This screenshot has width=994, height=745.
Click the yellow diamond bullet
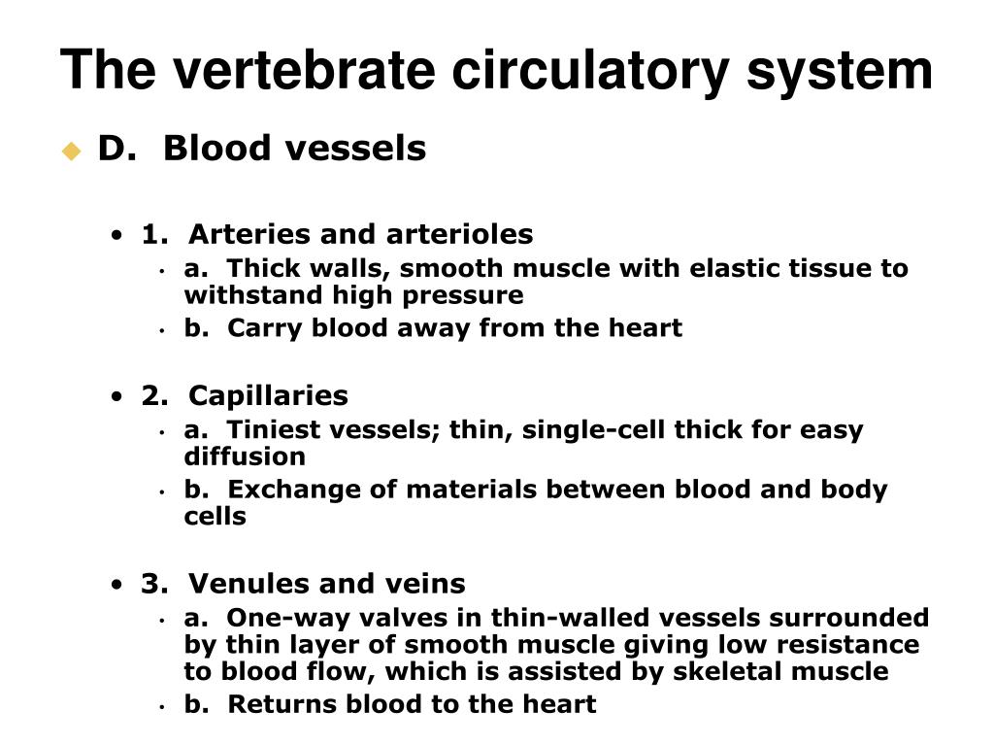pos(71,151)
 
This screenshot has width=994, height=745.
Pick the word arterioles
pos(459,234)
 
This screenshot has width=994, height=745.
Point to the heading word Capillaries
pos(268,395)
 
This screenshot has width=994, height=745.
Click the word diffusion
pos(245,457)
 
